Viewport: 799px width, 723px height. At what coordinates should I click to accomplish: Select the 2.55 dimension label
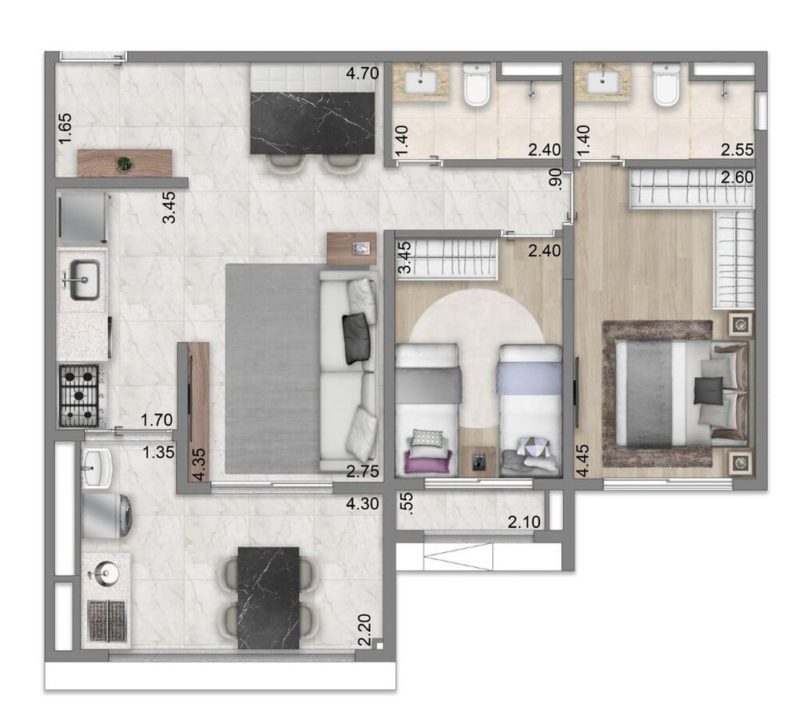tap(736, 149)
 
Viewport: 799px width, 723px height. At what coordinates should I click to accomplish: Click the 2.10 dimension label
tap(524, 522)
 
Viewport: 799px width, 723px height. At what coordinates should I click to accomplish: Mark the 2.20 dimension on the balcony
tap(364, 631)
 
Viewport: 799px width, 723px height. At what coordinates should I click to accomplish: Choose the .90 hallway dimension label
tap(557, 181)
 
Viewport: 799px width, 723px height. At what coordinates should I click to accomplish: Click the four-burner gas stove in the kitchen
tap(80, 395)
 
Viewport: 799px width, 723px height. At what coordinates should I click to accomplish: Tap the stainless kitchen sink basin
tap(84, 280)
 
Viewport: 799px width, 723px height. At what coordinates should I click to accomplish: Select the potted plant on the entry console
tap(124, 164)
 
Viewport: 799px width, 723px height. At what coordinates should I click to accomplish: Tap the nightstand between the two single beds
tap(478, 462)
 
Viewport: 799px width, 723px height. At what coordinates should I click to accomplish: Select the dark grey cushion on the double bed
tap(706, 391)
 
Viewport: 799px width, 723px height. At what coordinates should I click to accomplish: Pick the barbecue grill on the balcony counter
tap(105, 620)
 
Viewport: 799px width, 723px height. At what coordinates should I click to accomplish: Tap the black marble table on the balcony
tap(268, 598)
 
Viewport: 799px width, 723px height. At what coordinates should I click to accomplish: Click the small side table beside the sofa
tap(351, 248)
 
